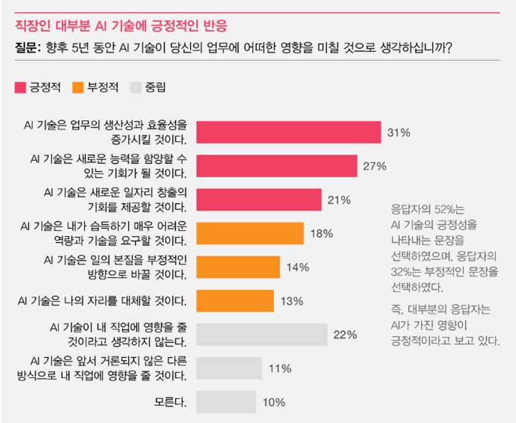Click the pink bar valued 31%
coord(289,132)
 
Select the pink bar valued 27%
coord(276,166)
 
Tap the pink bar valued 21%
coord(259,199)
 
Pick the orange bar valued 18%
coord(250,233)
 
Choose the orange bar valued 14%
coord(238,267)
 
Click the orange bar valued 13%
coord(235,300)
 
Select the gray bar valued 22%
coord(262,334)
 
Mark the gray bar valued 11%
coord(229,368)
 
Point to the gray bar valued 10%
coord(226,402)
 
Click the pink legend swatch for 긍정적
coord(20,87)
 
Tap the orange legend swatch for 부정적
coord(78,87)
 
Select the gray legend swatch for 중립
coord(136,87)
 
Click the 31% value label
coord(399,133)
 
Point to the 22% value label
coord(345,335)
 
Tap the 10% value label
coord(274,402)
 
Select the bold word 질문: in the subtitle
coord(27,48)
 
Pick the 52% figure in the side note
coord(439,207)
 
